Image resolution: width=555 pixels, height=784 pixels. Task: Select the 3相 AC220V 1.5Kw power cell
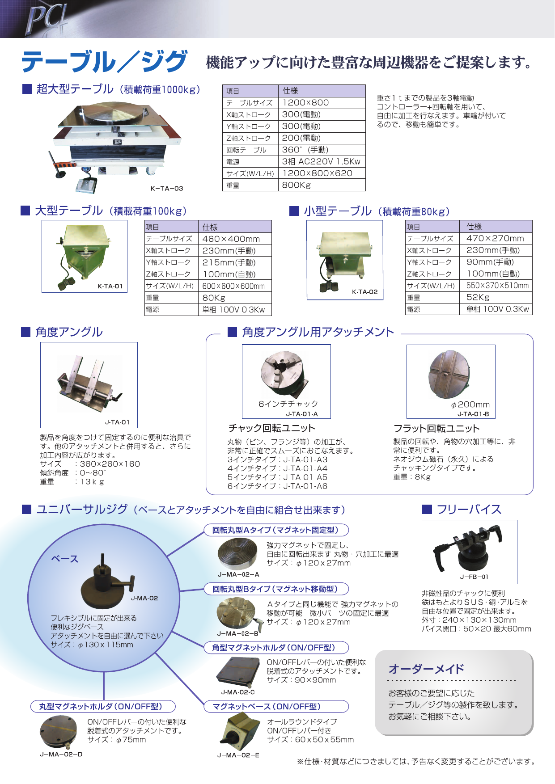click(321, 161)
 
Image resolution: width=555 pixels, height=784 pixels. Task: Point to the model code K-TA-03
click(166, 189)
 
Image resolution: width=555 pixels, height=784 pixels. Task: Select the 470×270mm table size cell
click(495, 239)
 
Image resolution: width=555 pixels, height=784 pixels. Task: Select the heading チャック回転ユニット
click(271, 428)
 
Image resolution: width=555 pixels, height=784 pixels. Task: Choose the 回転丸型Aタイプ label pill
click(276, 530)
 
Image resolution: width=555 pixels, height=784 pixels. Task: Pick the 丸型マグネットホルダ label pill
click(102, 707)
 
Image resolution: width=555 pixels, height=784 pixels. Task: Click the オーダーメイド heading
click(426, 669)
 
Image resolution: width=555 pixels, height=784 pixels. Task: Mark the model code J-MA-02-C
click(238, 692)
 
